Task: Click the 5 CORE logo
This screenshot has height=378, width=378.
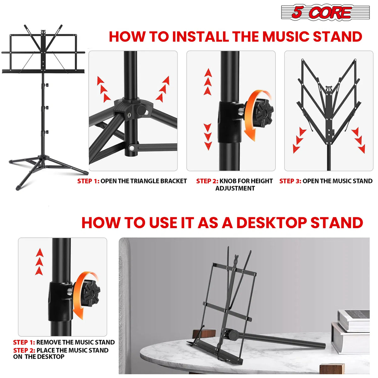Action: coord(325,13)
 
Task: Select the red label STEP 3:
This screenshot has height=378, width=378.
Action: coord(290,181)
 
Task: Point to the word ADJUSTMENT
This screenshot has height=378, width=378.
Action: coord(235,188)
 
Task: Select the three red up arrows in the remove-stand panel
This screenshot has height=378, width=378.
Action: coord(39,262)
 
